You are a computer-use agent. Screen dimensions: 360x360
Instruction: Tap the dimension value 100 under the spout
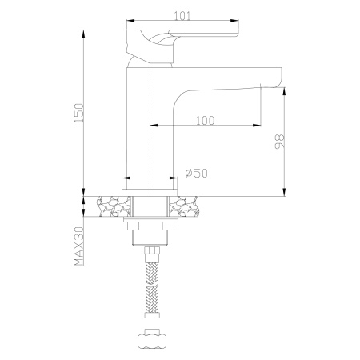click(206, 120)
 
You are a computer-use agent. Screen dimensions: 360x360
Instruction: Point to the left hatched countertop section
click(110, 206)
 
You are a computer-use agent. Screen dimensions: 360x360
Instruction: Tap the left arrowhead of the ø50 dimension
click(127, 178)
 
